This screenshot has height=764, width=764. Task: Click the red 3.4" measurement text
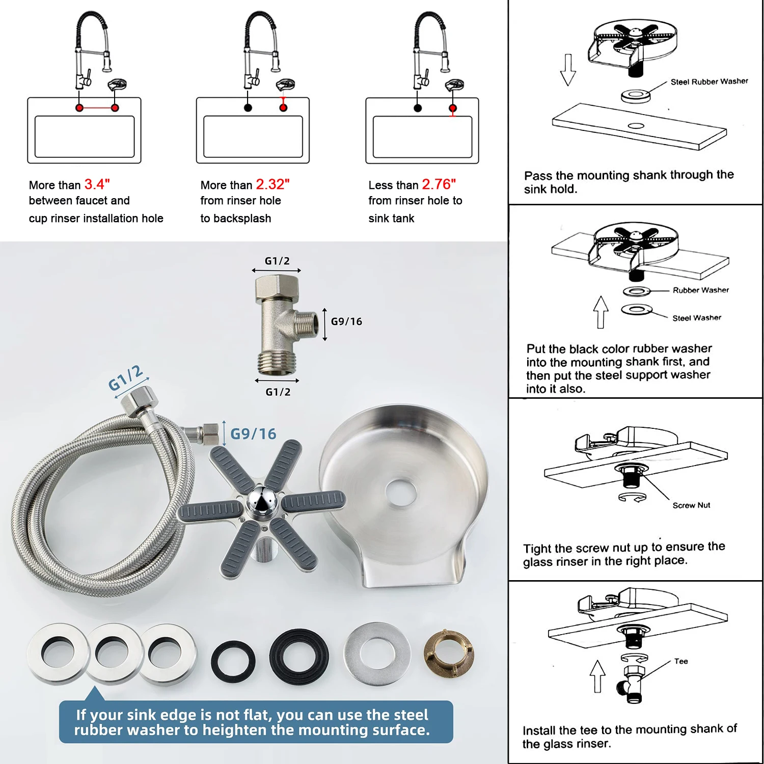[x=97, y=184]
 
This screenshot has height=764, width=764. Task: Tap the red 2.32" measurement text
[x=272, y=184]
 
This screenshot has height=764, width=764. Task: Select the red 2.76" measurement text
[x=439, y=184]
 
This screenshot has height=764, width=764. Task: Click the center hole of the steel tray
[x=401, y=493]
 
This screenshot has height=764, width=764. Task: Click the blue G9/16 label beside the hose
[x=253, y=434]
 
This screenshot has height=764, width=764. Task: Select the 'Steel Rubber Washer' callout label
[x=709, y=81]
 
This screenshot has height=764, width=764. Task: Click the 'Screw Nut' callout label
[x=691, y=505]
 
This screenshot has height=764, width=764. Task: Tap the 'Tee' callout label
[x=681, y=661]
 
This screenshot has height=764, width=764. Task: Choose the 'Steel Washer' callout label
[x=696, y=318]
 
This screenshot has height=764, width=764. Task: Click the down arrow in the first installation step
[x=568, y=70]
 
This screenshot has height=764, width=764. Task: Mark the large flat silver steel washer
[x=376, y=653]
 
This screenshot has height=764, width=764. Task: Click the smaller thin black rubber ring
[x=233, y=661]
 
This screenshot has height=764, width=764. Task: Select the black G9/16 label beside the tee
[x=346, y=321]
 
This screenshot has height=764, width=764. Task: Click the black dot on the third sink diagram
[x=418, y=108]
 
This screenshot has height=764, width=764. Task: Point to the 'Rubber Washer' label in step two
[x=700, y=290]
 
